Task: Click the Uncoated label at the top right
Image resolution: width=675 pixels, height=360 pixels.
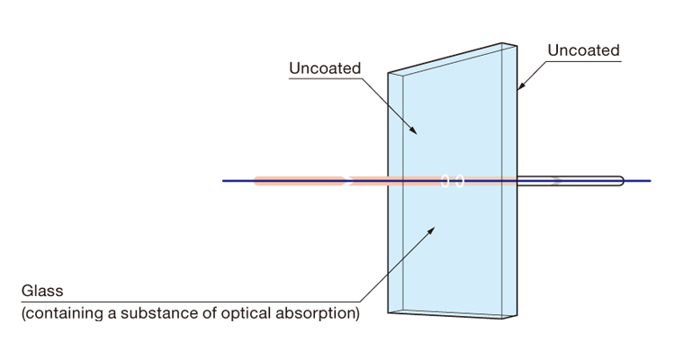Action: coord(583,50)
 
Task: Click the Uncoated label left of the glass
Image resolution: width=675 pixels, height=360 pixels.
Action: coord(325,68)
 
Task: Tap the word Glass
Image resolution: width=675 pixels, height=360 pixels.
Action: coord(42,292)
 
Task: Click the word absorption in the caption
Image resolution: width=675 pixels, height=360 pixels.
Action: coord(320,314)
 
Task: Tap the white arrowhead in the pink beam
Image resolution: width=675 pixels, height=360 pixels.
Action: coord(346,181)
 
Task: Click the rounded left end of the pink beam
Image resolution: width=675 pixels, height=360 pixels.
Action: coord(257,181)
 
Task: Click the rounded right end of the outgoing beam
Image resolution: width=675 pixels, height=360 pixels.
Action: coord(620,181)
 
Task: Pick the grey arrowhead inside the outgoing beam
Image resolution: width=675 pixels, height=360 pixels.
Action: coord(558,181)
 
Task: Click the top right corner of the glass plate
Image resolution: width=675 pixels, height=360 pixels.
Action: coord(517,42)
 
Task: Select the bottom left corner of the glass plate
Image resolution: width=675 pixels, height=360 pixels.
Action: coord(389,311)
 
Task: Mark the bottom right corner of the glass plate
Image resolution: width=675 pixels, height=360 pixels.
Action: coord(517,318)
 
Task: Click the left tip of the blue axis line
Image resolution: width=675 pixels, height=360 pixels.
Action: coord(223,181)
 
